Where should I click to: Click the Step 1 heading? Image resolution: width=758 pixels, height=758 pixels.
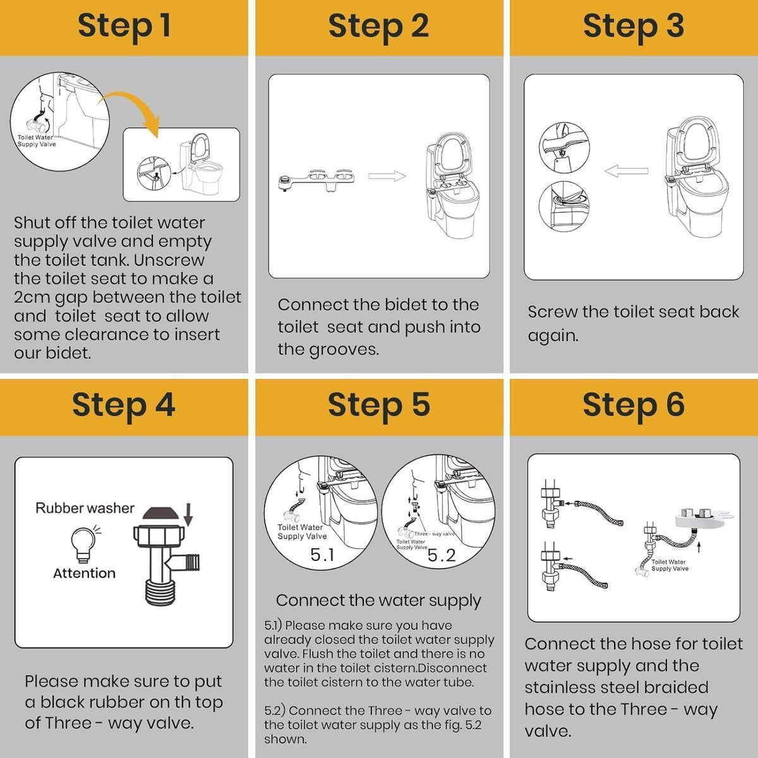pyautogui.click(x=124, y=27)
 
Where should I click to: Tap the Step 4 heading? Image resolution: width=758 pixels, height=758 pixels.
pyautogui.click(x=124, y=405)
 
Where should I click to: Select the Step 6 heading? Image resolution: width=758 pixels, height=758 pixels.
pyautogui.click(x=633, y=405)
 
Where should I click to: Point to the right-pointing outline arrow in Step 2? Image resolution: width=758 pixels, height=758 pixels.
pyautogui.click(x=387, y=176)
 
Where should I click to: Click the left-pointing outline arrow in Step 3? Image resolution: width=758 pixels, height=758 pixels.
pyautogui.click(x=625, y=171)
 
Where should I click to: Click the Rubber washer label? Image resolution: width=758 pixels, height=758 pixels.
pyautogui.click(x=85, y=508)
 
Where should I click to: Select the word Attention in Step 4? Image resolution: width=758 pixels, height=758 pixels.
pyautogui.click(x=84, y=574)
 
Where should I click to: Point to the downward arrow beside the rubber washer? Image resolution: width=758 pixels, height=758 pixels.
pyautogui.click(x=188, y=516)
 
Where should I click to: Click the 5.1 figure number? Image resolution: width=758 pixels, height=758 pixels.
pyautogui.click(x=322, y=555)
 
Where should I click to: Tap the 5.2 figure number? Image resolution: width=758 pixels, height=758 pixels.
pyautogui.click(x=441, y=555)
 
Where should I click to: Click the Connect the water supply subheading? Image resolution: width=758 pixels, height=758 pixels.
pyautogui.click(x=378, y=600)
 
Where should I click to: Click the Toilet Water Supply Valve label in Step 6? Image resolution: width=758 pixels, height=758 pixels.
pyautogui.click(x=669, y=565)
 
